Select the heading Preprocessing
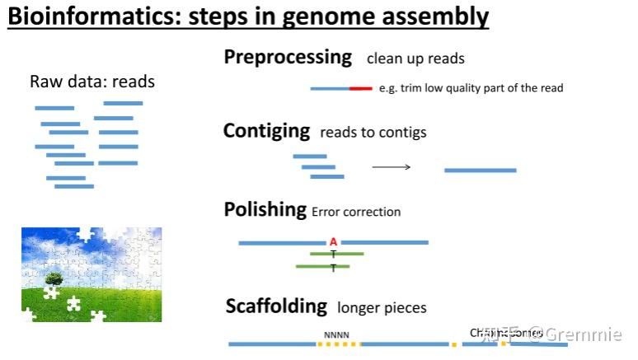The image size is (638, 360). pos(288,58)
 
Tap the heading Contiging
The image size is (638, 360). pos(266,131)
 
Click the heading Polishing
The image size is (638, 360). pos(265,210)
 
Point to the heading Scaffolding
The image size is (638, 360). pos(276,306)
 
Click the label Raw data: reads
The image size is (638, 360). pos(92,82)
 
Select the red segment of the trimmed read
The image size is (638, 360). pos(360,88)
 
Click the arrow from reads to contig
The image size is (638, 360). pos(391,167)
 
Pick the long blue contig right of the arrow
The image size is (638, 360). pos(480,171)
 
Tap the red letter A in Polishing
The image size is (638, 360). pos(333,242)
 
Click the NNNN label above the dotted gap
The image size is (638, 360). pos(336,335)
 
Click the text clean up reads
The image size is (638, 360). pos(415,59)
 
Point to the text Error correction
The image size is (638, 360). pos(356,213)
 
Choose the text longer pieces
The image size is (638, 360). pos(382,308)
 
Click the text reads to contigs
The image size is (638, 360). pos(373,133)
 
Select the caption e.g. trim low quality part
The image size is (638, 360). pos(471,88)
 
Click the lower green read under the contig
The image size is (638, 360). pos(322,267)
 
